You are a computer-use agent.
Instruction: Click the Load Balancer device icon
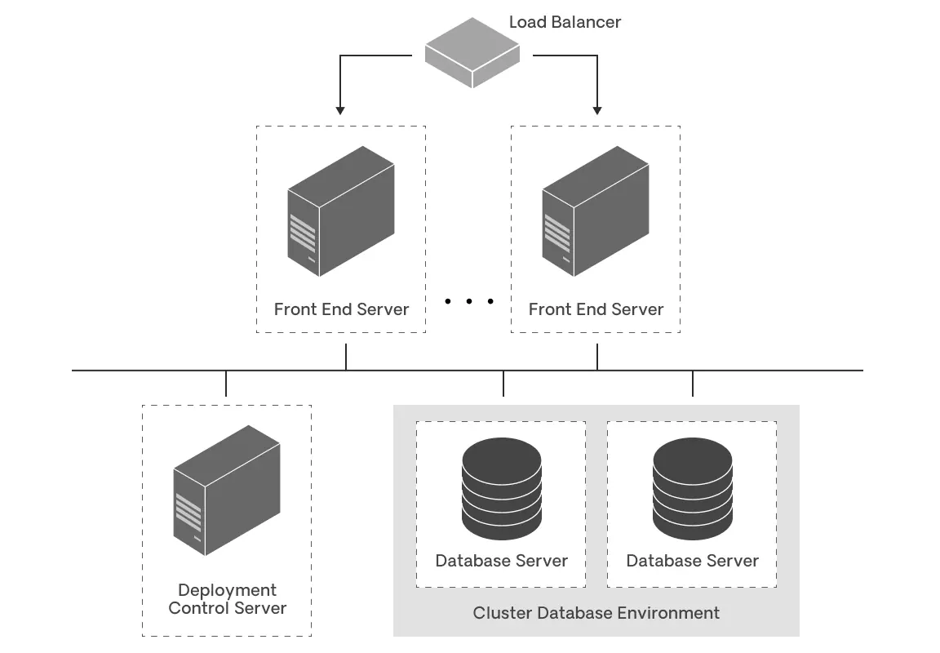472,52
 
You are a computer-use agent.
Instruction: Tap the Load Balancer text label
565,22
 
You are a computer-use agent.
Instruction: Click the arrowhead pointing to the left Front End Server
340,109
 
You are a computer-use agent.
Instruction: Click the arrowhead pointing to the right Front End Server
597,109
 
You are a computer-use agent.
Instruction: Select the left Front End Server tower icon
341,211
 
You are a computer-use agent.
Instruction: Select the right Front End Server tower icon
596,211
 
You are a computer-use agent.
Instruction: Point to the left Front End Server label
341,309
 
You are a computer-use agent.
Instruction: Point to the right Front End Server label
596,309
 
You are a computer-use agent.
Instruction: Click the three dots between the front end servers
469,301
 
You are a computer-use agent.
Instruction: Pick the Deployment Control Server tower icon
227,490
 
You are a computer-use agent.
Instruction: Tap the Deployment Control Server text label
227,599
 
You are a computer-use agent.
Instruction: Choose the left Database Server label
501,561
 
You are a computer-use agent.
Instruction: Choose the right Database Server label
692,561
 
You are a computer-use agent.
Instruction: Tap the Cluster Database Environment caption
596,613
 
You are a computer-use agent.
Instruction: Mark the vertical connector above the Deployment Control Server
226,384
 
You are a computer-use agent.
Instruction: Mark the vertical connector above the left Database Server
503,384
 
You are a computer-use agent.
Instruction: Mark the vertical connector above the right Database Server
693,384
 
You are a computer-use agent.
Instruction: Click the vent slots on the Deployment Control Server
188,513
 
